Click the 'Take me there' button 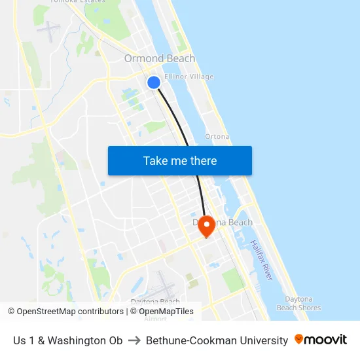[179, 160]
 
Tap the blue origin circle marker [154, 82]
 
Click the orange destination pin [207, 226]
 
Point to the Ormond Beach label [160, 59]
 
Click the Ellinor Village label [189, 77]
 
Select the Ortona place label [217, 137]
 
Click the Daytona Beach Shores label [298, 303]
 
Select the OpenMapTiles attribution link [166, 312]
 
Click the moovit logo [320, 340]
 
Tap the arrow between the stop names [134, 340]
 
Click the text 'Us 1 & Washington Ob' [68, 340]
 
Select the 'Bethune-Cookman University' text [217, 340]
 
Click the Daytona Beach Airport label [155, 306]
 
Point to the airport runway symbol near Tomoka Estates [48, 29]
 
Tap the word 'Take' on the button [155, 160]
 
